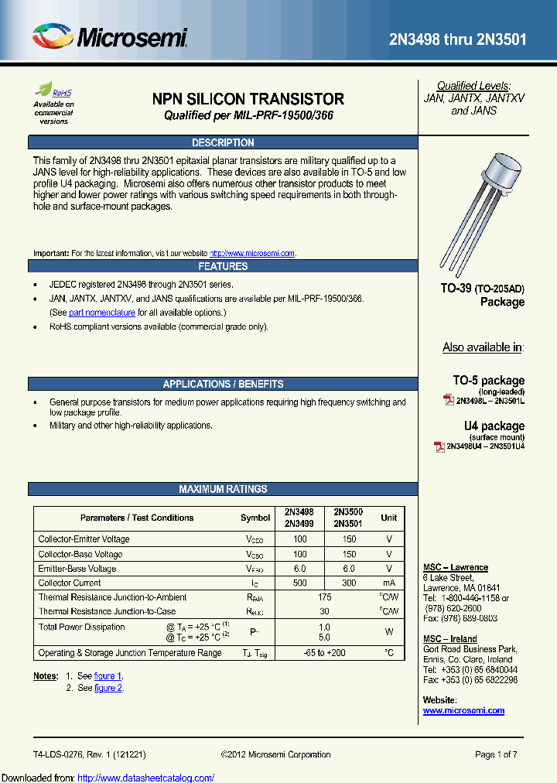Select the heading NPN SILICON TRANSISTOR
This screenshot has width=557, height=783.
click(x=248, y=99)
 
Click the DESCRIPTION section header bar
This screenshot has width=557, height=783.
click(x=222, y=142)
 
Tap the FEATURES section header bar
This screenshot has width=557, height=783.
click(x=222, y=266)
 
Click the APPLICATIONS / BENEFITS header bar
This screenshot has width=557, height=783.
click(x=222, y=384)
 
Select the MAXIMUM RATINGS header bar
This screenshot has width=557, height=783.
click(x=222, y=489)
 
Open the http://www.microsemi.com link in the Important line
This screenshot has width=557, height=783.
click(x=252, y=254)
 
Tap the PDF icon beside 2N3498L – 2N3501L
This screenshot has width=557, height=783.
click(x=448, y=401)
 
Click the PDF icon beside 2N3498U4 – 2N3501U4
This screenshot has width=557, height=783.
click(x=439, y=446)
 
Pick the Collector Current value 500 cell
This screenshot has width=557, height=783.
click(x=299, y=583)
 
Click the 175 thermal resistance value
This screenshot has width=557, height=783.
click(x=324, y=597)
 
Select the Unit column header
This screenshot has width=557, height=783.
click(x=388, y=518)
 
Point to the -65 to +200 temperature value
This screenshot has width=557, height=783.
click(x=324, y=653)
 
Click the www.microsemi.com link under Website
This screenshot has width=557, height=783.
click(x=463, y=710)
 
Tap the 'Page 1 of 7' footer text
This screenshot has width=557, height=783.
click(x=496, y=754)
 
